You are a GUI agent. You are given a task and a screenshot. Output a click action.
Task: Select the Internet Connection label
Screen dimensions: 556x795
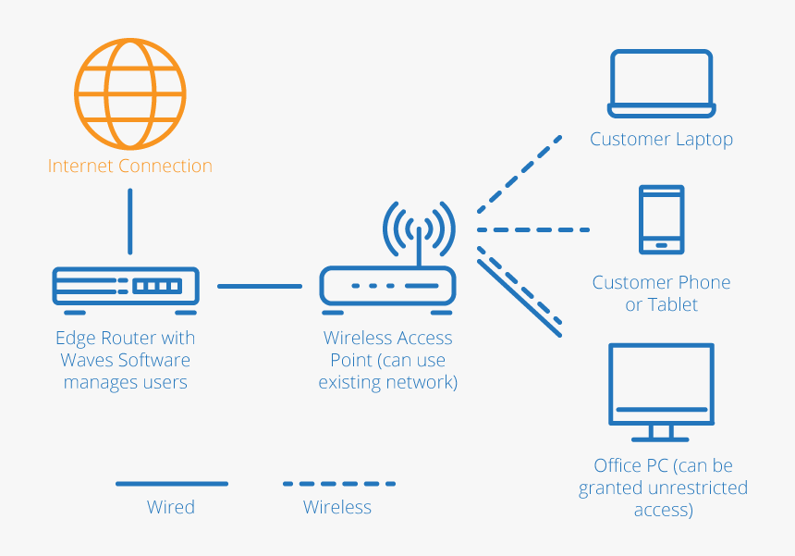coord(129,167)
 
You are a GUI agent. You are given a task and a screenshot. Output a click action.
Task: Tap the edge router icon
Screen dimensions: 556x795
coord(126,287)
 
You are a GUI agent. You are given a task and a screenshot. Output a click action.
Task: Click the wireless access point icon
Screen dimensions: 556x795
coord(387,286)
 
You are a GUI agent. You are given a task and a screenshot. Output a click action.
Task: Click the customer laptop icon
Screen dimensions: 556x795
coord(661,84)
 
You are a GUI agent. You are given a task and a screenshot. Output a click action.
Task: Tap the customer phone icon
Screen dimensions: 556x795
coord(661,219)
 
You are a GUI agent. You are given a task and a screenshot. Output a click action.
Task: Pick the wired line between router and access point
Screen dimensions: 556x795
coord(260,287)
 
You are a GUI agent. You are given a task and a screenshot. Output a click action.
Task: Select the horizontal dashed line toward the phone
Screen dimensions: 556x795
coord(533,229)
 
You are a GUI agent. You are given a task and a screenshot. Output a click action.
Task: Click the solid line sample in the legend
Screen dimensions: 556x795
coord(171,483)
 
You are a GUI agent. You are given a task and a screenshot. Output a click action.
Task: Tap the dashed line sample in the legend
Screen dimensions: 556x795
coord(338,483)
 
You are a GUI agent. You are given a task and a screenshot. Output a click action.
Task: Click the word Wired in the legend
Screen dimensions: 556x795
coord(171,507)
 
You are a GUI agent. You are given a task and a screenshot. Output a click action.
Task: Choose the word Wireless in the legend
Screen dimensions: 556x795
coord(337,507)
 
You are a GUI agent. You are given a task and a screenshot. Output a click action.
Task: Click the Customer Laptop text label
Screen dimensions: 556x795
coord(661,140)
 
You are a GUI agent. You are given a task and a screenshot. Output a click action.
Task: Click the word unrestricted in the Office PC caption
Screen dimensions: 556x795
coord(695,488)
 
